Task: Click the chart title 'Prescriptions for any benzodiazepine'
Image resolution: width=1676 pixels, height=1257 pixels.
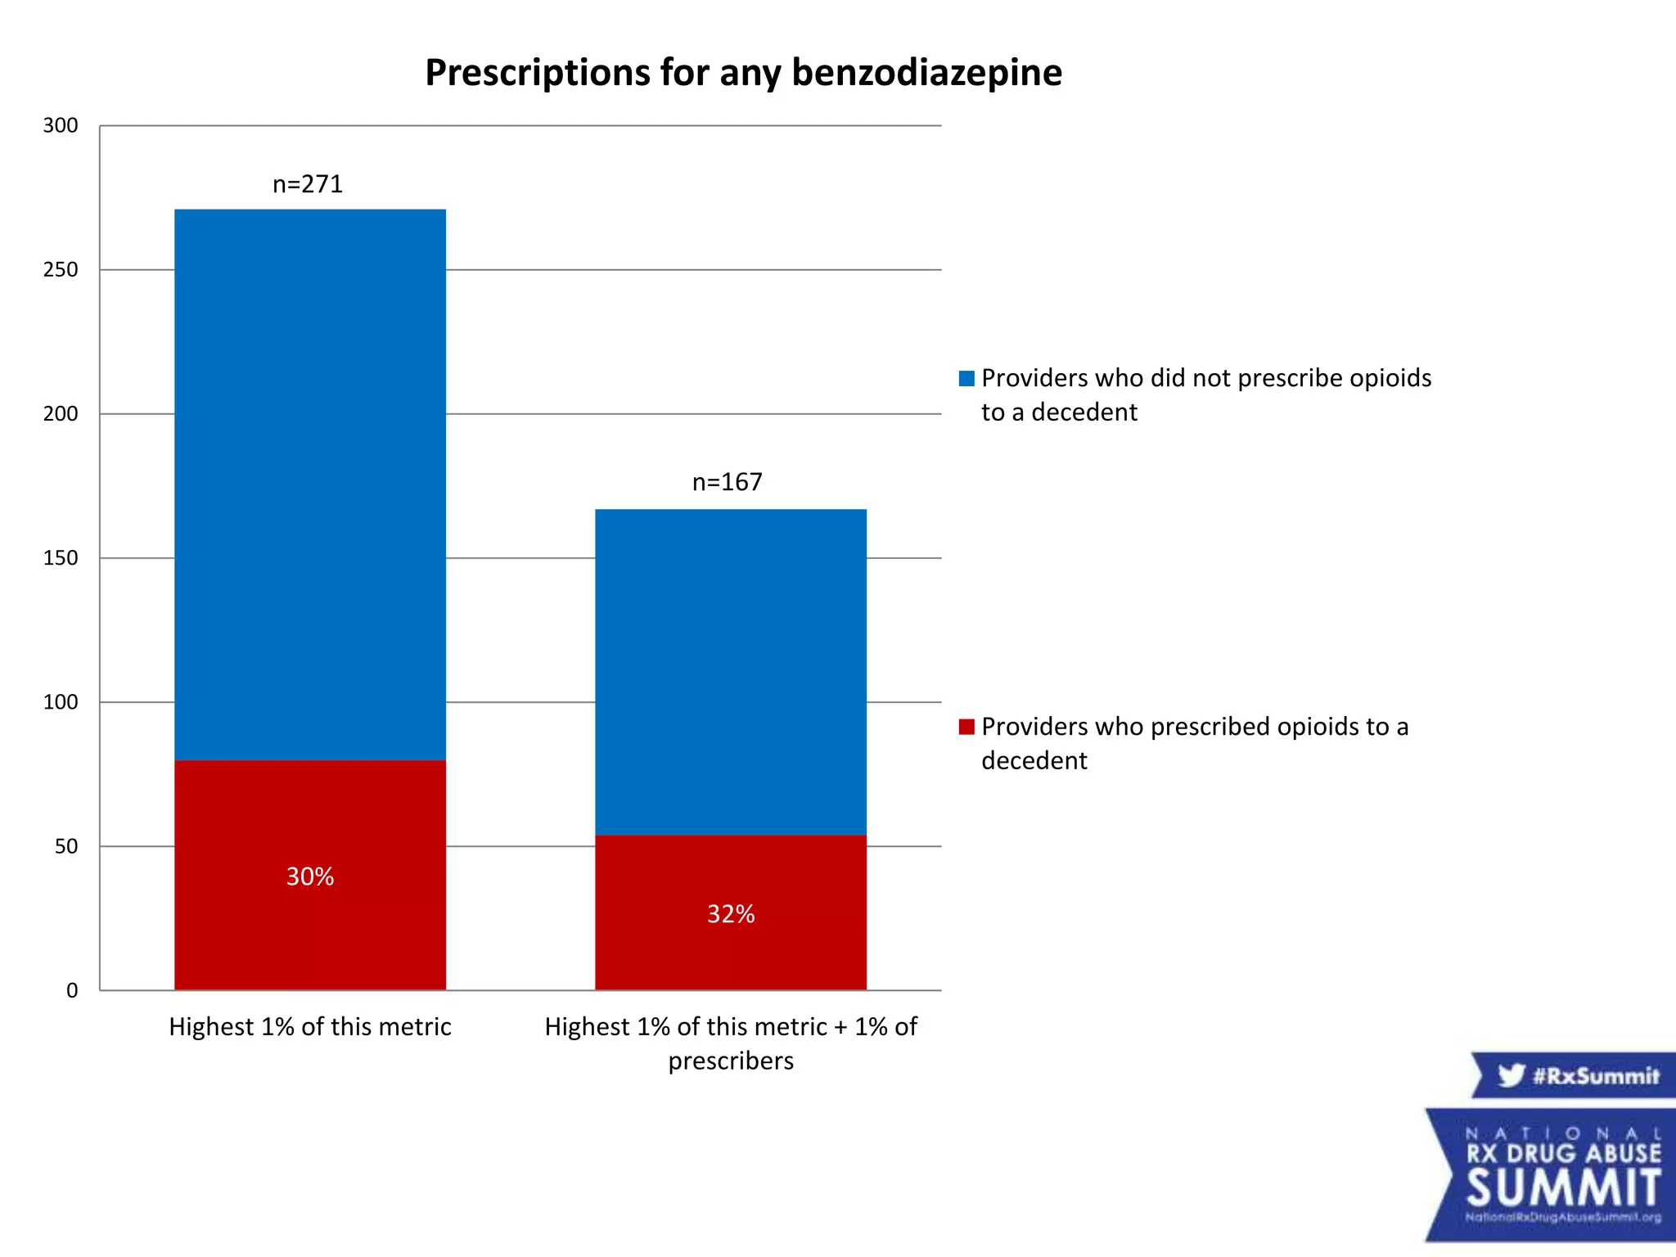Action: [x=743, y=73]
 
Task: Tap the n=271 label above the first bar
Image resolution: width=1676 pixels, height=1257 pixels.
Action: [x=308, y=184]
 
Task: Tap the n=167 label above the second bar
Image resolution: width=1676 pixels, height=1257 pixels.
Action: [x=727, y=482]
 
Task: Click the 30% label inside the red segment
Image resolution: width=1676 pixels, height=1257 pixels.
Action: [x=310, y=876]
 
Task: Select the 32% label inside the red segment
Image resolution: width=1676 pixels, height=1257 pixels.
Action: [x=731, y=914]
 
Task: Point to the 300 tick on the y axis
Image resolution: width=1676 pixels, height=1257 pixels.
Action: [x=61, y=125]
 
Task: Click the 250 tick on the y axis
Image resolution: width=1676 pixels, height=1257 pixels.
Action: [x=61, y=269]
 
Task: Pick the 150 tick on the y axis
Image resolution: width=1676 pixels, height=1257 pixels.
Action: [x=61, y=558]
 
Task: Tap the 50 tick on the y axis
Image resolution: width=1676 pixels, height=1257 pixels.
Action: [x=66, y=846]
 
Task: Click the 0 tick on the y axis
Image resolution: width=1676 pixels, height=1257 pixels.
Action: [x=72, y=990]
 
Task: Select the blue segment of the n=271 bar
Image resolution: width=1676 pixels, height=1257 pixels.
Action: [x=310, y=483]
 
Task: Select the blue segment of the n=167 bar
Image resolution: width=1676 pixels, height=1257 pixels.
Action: [x=731, y=671]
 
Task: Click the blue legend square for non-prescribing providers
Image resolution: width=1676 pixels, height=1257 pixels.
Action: [x=966, y=378]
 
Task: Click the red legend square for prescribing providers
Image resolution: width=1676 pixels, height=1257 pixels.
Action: [x=966, y=727]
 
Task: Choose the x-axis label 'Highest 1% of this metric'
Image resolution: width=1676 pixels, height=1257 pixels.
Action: [x=310, y=1026]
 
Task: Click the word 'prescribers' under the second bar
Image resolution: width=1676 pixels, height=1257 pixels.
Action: [x=731, y=1061]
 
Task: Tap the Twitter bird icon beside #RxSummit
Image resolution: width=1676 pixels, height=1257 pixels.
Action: [x=1511, y=1075]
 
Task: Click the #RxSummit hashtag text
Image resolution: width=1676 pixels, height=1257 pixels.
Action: [x=1596, y=1075]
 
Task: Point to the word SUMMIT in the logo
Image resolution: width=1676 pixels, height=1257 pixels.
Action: [x=1563, y=1188]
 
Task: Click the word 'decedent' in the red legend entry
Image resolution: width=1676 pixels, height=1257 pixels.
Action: [x=1034, y=760]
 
